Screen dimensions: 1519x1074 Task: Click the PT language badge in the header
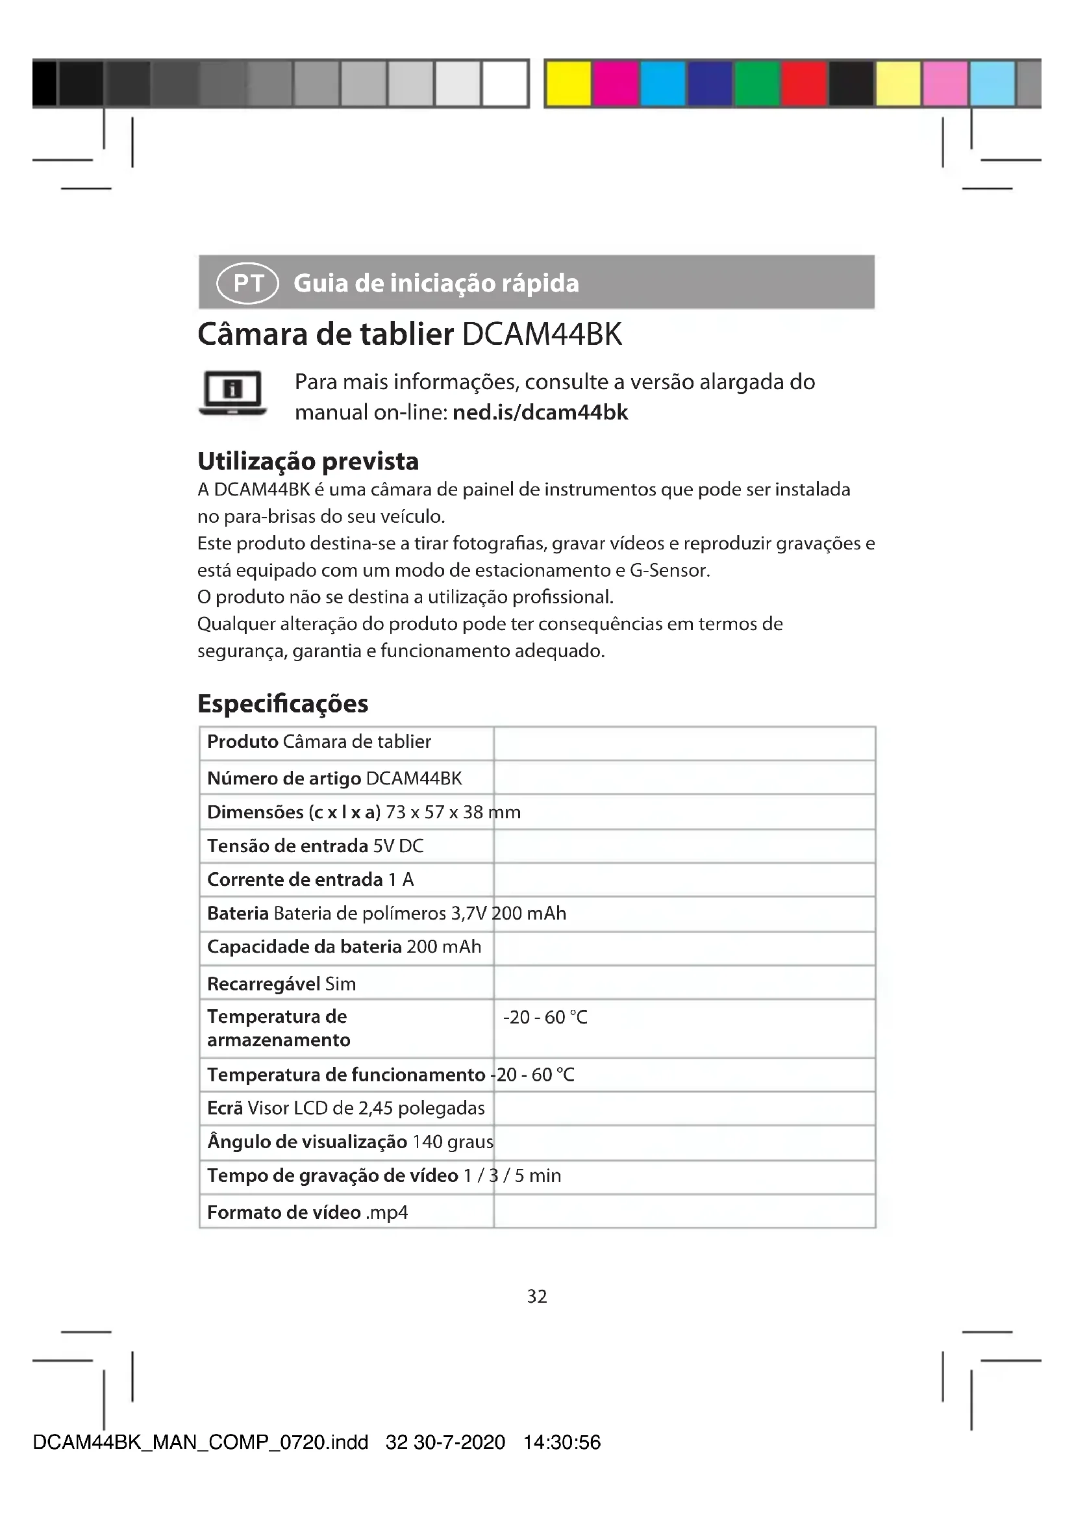pos(247,283)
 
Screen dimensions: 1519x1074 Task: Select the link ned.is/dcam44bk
pos(540,412)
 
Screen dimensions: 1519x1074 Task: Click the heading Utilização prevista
pos(308,461)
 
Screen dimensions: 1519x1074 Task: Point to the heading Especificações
pos(282,703)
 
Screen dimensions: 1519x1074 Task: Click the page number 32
pos(536,1296)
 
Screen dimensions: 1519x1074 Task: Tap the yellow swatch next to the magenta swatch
pos(569,83)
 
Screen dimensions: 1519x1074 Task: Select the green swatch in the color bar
pos(756,83)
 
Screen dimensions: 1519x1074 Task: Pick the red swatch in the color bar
pos(803,83)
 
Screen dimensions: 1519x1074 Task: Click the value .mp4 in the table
pos(387,1212)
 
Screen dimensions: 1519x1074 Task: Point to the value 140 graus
pos(453,1142)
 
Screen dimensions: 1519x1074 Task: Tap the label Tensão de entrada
pos(287,846)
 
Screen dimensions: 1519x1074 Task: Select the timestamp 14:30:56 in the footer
pos(562,1442)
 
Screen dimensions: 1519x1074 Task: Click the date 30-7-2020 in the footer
pos(459,1442)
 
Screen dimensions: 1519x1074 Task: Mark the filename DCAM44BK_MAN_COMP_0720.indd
pos(200,1442)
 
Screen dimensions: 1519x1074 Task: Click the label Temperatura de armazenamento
pos(278,1028)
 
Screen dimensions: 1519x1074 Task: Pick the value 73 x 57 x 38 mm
pos(453,812)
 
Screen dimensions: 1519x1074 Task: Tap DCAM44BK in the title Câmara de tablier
pos(542,334)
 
